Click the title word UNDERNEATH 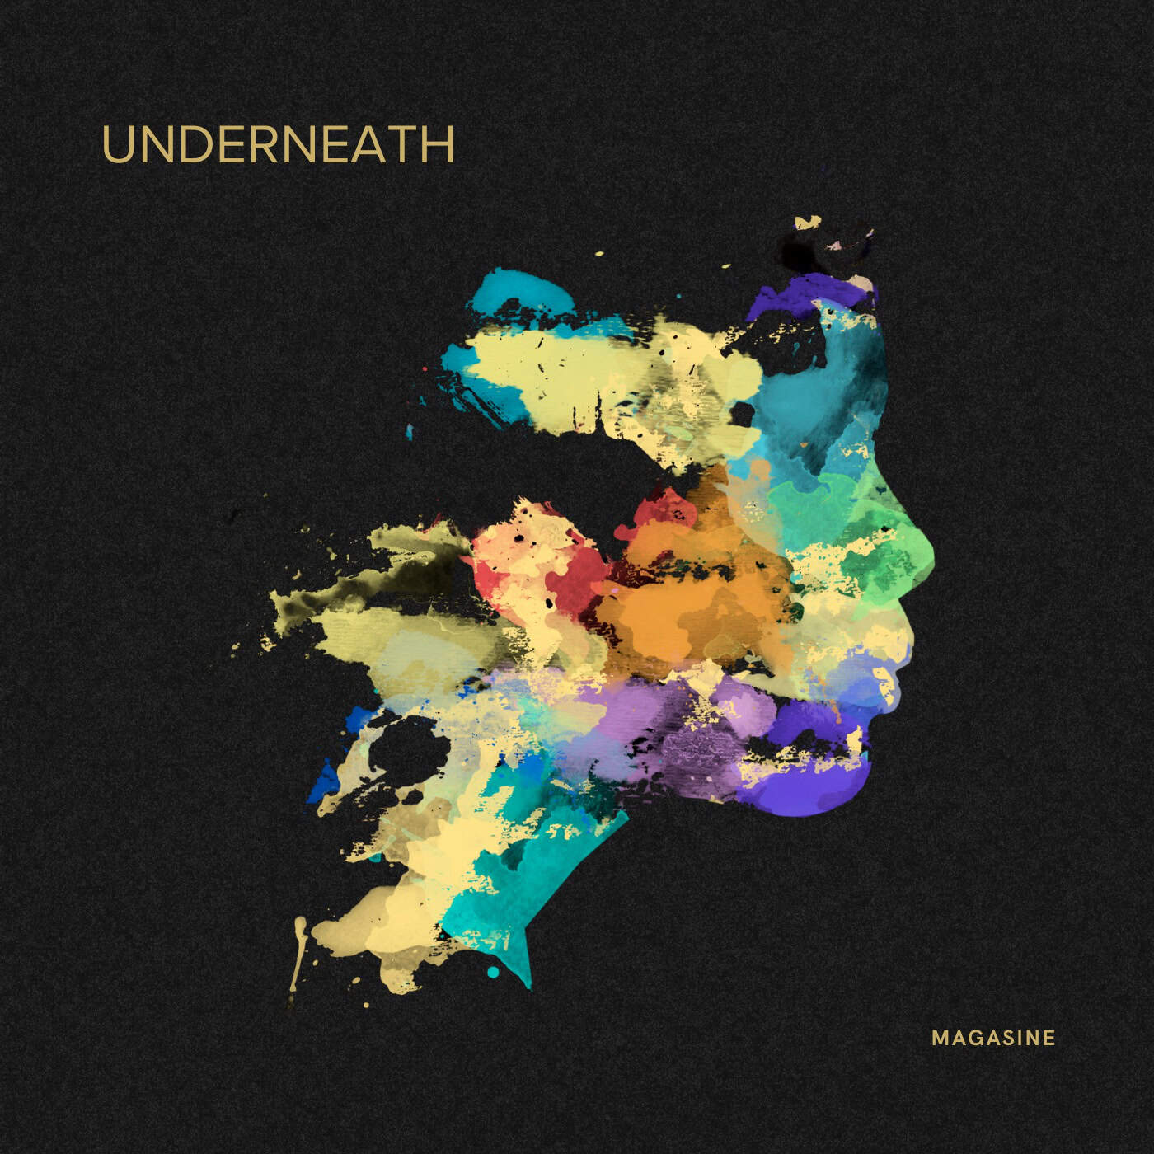click(278, 145)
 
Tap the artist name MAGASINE click(993, 1038)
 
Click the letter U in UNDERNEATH click(117, 145)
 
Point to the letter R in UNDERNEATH click(267, 145)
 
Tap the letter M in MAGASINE click(941, 1038)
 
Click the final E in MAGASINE click(1048, 1038)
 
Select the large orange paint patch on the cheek click(692, 593)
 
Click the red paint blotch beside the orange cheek click(569, 569)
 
